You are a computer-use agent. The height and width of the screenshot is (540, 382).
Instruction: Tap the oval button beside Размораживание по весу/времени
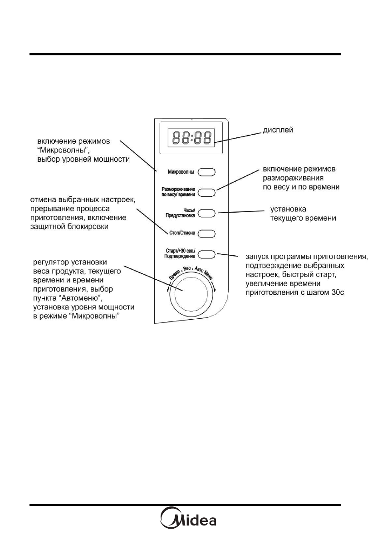click(x=206, y=192)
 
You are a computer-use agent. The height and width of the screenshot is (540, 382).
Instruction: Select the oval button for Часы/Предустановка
click(x=206, y=213)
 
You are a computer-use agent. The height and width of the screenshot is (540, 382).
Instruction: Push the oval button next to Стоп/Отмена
click(x=206, y=234)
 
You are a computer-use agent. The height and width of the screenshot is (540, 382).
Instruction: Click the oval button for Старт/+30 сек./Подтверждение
click(x=206, y=254)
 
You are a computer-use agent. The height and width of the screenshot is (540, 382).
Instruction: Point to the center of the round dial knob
click(x=191, y=292)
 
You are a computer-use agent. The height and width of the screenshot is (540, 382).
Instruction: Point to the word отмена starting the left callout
click(x=43, y=200)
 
